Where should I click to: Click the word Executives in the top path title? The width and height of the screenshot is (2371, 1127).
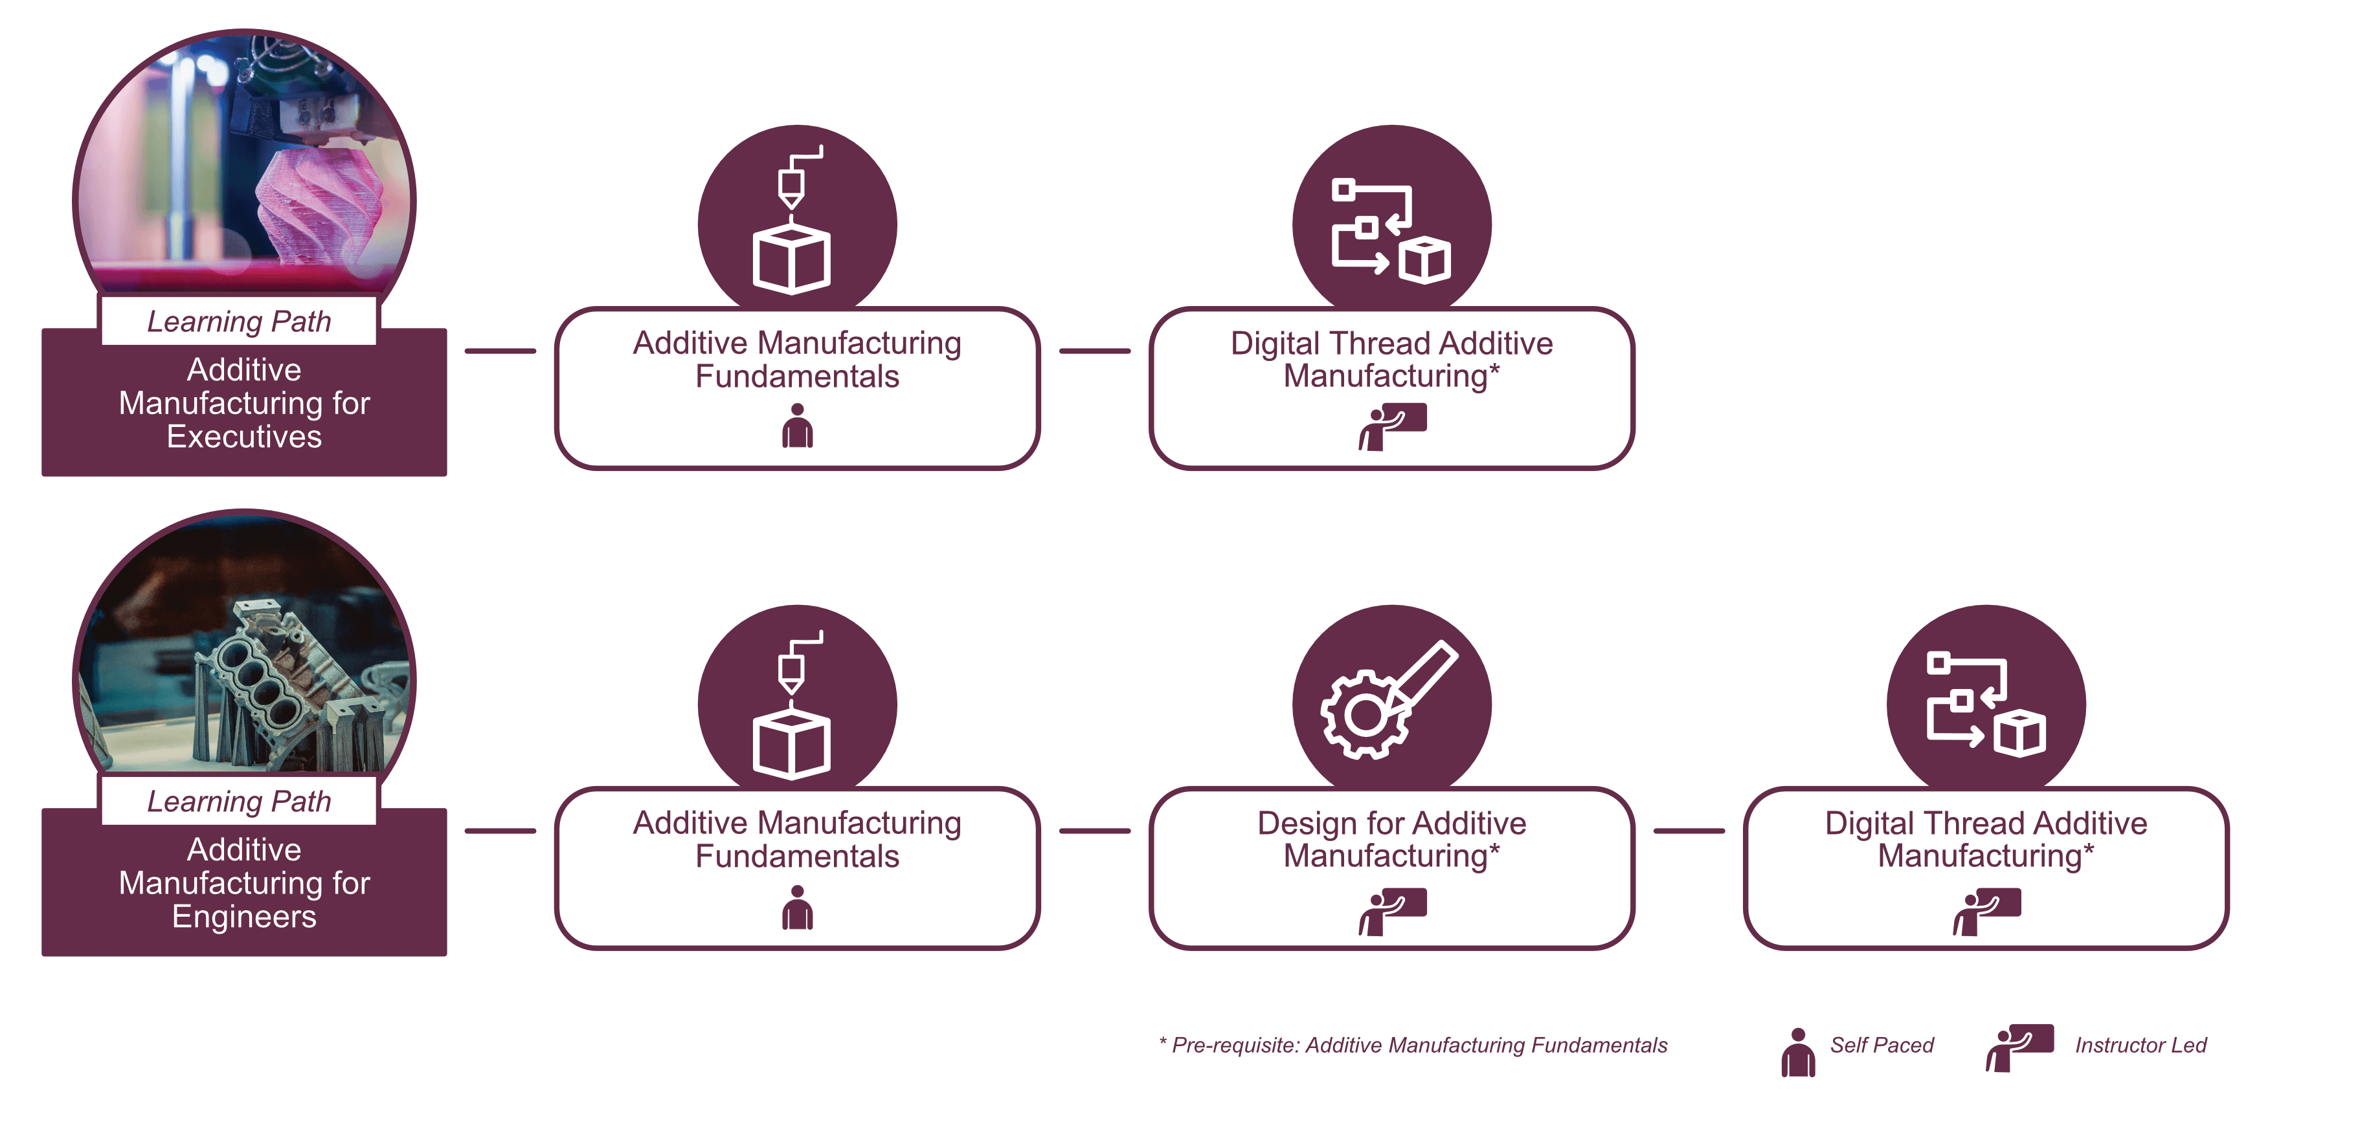[244, 437]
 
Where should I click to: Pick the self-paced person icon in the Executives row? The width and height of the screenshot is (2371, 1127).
[797, 426]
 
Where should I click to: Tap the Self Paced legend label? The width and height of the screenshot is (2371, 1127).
[1882, 1045]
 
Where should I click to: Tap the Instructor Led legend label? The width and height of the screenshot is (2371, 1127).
[2140, 1045]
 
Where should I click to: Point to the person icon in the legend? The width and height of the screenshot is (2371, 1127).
[1797, 1053]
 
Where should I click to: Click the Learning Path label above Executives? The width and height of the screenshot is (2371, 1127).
[238, 321]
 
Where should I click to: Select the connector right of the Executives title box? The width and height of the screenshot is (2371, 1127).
[500, 351]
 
